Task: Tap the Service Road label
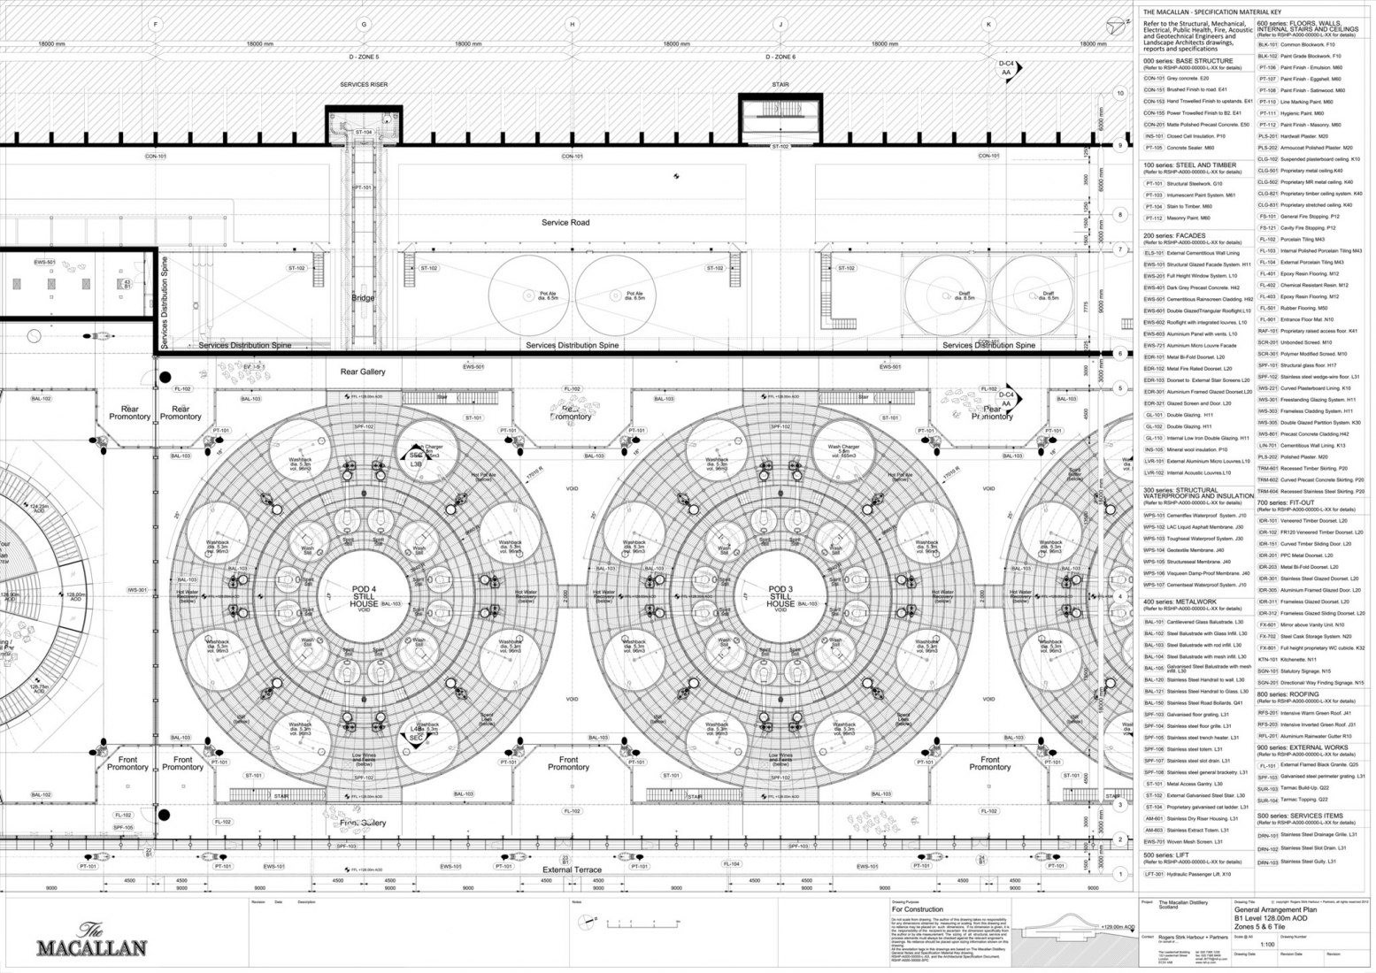pos(565,223)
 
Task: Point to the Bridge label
pos(363,298)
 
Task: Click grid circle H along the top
pos(573,24)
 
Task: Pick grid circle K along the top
pos(988,24)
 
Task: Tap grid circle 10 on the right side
pos(1119,93)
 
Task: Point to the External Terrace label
pos(572,870)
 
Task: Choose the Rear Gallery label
pos(363,372)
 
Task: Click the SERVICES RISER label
pos(364,85)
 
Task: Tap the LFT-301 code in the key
pos(1153,874)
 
